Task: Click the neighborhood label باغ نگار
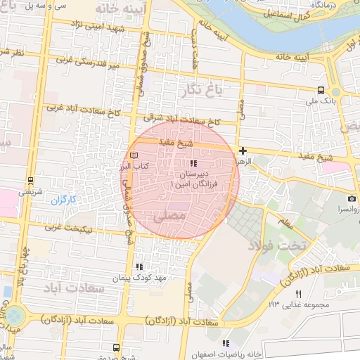204,90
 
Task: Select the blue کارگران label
63,200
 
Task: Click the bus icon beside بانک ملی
321,90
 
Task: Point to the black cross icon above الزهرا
243,150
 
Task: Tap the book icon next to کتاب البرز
135,154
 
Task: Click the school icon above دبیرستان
193,163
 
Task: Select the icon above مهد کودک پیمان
139,266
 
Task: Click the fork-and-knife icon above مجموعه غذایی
298,293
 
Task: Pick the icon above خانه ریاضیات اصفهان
226,342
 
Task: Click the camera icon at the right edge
352,199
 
